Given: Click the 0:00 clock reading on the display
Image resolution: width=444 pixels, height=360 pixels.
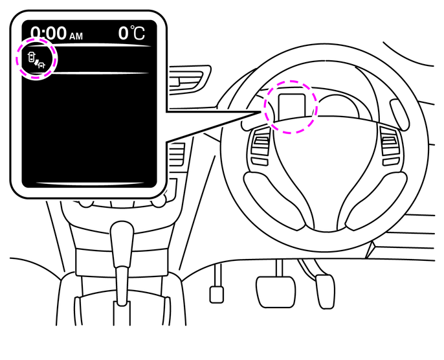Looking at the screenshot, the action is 49,33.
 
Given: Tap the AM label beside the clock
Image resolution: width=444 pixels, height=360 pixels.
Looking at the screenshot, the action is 76,36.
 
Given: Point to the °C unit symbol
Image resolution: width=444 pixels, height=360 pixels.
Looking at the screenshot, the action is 138,33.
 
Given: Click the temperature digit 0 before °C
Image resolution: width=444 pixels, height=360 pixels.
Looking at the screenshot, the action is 124,33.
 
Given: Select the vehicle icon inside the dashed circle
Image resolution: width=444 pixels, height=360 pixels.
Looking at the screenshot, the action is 36,60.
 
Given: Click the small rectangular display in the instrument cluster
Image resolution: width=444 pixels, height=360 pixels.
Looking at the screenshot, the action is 292,107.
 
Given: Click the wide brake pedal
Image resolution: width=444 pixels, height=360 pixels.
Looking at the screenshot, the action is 276,292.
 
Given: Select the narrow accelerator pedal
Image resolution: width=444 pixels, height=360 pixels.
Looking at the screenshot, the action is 325,291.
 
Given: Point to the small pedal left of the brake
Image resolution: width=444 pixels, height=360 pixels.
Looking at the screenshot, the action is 217,295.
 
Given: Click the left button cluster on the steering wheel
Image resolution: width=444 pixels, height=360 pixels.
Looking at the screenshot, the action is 260,146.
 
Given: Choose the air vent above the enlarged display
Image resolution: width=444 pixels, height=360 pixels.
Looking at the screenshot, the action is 187,79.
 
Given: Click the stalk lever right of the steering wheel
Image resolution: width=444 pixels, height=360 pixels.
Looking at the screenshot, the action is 399,114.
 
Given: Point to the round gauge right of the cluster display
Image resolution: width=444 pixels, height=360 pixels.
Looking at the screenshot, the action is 339,107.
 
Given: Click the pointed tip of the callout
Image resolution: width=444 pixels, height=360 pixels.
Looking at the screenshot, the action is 260,112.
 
